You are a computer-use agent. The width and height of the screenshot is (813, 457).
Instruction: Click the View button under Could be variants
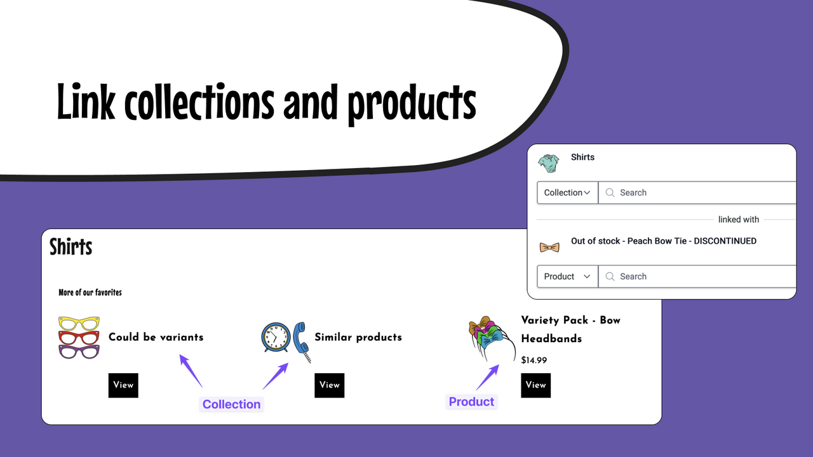123,385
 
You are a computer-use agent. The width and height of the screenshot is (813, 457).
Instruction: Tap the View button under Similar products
329,385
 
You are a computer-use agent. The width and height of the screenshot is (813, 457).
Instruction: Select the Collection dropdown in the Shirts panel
567,193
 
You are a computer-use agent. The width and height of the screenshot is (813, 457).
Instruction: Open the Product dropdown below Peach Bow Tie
567,277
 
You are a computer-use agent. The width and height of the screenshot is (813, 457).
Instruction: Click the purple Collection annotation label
231,404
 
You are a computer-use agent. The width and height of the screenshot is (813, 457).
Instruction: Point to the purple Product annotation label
471,402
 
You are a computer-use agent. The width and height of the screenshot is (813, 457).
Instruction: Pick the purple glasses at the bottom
79,351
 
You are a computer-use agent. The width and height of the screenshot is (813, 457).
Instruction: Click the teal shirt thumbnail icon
549,163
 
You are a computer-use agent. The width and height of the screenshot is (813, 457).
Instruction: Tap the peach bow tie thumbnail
549,247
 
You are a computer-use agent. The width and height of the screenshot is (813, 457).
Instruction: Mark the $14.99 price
534,361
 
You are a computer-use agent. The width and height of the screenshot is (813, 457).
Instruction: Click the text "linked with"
738,220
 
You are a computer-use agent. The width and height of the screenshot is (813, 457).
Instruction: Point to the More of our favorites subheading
90,293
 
